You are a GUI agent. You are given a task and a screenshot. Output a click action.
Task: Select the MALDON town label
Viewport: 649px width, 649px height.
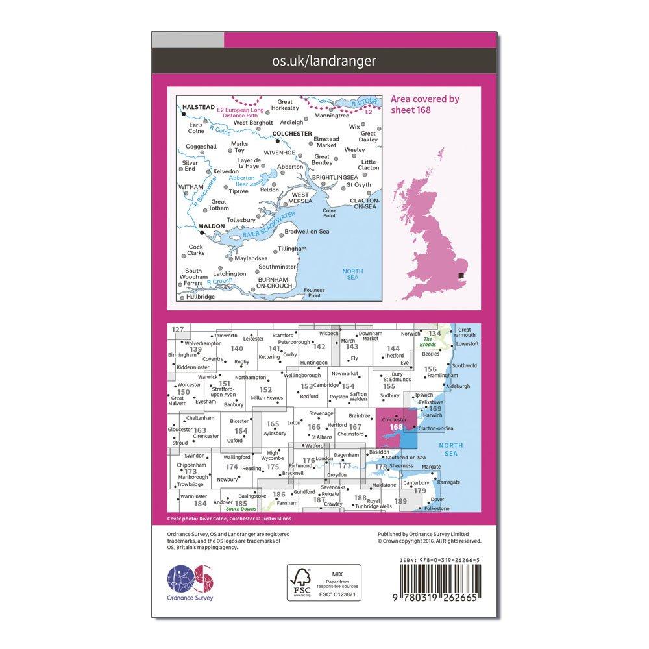[x=212, y=227]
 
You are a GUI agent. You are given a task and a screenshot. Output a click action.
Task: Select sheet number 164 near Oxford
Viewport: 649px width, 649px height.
[x=241, y=430]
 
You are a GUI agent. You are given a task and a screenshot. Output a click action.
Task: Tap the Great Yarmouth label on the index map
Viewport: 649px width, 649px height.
[x=465, y=333]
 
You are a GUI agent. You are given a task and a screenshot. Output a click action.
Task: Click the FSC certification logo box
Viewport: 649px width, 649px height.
[x=324, y=583]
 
